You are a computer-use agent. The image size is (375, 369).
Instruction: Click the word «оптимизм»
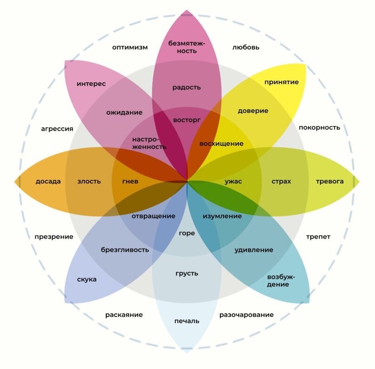[x=130, y=47]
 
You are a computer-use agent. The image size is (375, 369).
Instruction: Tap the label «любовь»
[x=246, y=47]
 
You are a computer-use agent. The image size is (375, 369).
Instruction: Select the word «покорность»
[x=319, y=127]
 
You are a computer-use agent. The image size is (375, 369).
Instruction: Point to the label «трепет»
[x=318, y=237]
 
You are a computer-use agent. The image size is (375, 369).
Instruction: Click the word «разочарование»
[x=247, y=315]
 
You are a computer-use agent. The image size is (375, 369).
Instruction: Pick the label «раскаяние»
[x=124, y=315]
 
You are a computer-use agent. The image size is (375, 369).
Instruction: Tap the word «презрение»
[x=54, y=237]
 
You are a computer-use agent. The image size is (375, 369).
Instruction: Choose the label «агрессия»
[x=57, y=129]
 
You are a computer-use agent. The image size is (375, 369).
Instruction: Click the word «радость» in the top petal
[x=187, y=87]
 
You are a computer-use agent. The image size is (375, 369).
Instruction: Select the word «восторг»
[x=187, y=120]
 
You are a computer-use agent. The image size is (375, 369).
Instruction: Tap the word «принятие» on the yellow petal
[x=281, y=82]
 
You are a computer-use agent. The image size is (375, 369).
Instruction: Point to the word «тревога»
[x=330, y=181]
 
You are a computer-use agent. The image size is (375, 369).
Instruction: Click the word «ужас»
[x=233, y=182]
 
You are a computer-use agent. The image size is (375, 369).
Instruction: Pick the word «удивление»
[x=254, y=250]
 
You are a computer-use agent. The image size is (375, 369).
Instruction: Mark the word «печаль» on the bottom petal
[x=187, y=321]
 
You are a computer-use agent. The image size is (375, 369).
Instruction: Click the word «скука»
[x=87, y=279]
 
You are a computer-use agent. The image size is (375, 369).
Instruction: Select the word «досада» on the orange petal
[x=48, y=182]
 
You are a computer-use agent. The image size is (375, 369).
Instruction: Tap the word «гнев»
[x=130, y=182]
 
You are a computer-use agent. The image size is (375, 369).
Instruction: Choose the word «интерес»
[x=91, y=84]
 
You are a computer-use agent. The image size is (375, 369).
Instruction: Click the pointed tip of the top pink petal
[x=187, y=10]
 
